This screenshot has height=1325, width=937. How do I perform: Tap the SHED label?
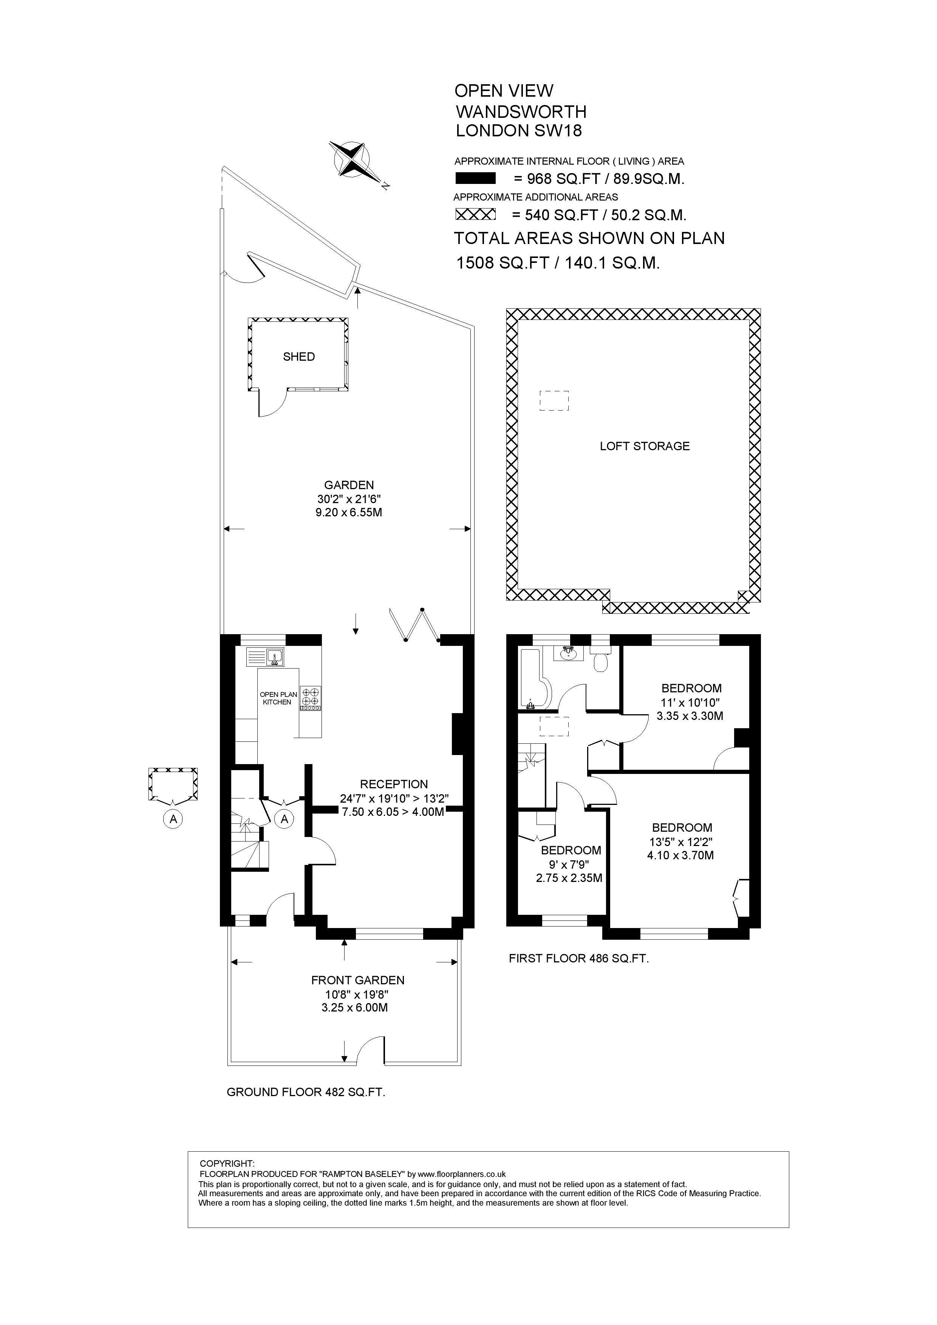coord(299,357)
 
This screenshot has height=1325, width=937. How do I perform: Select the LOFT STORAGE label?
coord(645,446)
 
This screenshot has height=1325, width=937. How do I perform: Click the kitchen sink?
coord(266,657)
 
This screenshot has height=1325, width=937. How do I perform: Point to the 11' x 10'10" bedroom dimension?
coord(691,702)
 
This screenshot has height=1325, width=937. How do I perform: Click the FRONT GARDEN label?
coord(358,980)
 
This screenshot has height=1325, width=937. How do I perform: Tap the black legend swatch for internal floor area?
coord(476,178)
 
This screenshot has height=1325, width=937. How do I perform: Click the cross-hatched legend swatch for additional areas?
coord(476,214)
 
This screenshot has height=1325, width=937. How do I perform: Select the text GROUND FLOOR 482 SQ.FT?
coord(306,1092)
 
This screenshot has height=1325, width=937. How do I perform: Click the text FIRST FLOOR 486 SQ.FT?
coord(579,959)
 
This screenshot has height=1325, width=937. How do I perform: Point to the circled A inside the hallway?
coord(285,818)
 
